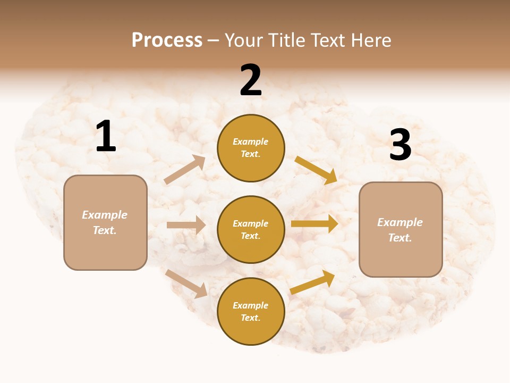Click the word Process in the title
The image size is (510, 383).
pos(167,40)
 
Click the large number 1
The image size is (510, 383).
pos(106,136)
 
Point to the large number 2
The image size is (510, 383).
pos(251,80)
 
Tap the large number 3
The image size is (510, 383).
pos(400,145)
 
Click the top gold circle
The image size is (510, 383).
pos(251,148)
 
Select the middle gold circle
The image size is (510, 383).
pos(251,229)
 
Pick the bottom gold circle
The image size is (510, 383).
pos(251,311)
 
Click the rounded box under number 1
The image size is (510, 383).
pos(105,222)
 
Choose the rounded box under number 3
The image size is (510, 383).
pos(401,229)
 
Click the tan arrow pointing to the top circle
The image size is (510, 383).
pos(185,170)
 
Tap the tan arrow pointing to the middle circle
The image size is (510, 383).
pos(186,225)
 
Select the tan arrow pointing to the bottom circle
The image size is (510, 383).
pos(186,283)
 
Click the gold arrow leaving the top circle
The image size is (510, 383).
pos(316,170)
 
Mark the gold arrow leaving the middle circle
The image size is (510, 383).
pos(314,223)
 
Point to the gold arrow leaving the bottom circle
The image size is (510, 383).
pos(312,282)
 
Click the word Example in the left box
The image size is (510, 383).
pos(105,215)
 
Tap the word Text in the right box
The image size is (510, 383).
pos(400,238)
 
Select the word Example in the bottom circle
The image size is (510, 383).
pos(251,305)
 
